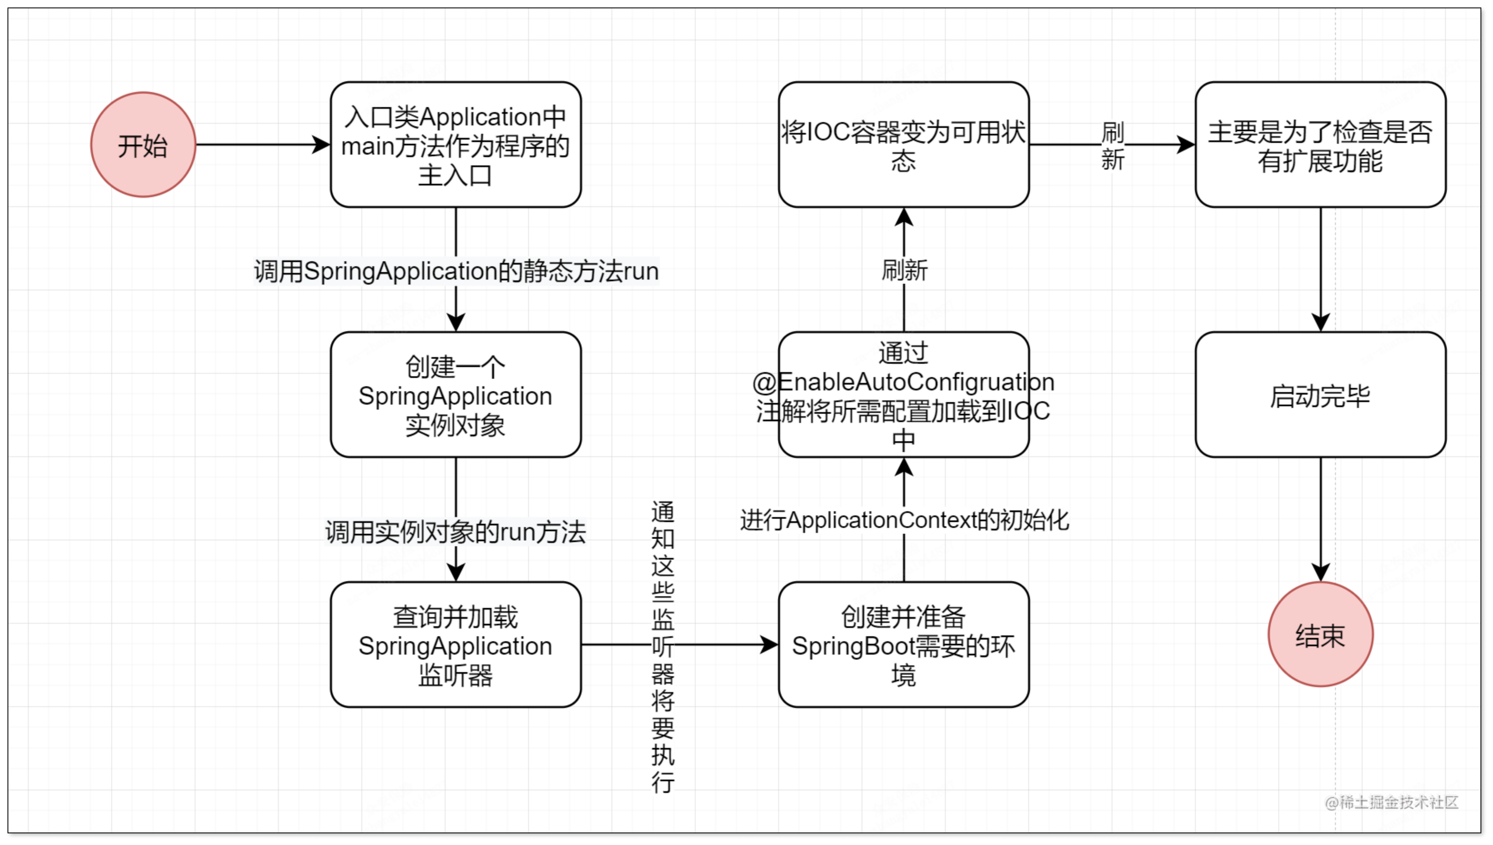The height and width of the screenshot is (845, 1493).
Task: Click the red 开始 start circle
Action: coord(143,145)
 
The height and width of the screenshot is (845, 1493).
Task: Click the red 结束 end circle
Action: coord(1320,634)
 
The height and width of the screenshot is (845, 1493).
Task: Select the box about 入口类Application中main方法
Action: coord(456,145)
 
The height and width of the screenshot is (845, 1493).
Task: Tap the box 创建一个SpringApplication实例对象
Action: coord(456,395)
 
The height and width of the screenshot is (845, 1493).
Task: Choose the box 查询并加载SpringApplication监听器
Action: coord(456,645)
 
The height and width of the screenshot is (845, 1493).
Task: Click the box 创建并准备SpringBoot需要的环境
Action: coord(903,645)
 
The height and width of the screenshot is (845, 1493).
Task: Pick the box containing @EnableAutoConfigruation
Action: coord(903,395)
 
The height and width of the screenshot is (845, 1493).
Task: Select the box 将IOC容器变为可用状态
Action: coord(903,145)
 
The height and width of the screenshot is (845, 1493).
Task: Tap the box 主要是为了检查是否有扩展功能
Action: coord(1320,145)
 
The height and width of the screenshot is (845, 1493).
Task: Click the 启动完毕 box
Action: coord(1320,395)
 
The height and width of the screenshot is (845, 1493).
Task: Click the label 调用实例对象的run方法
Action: coord(456,532)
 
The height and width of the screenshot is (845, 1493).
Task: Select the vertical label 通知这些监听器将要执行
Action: coord(663,646)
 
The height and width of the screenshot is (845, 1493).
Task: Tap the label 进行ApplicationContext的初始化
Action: coord(904,520)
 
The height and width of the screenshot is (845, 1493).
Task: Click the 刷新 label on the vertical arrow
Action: coord(904,270)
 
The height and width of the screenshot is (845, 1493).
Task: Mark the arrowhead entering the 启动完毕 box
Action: coord(1320,322)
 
